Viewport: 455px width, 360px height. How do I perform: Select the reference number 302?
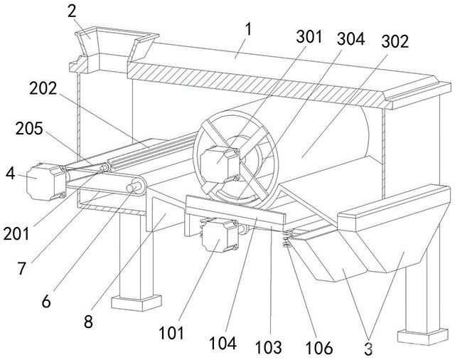click(394, 41)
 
